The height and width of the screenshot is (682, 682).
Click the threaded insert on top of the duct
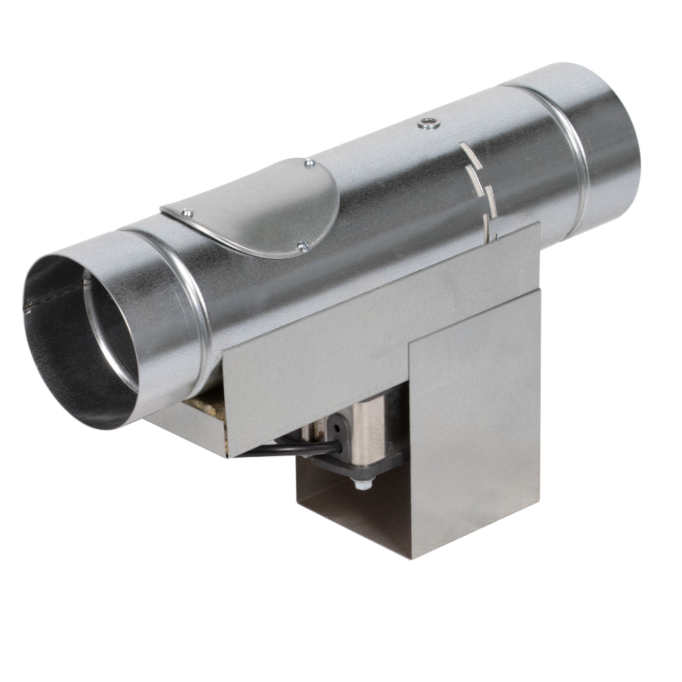click(427, 123)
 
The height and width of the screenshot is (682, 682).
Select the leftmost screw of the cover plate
click(187, 213)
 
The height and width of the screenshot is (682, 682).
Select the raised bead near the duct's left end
click(188, 300)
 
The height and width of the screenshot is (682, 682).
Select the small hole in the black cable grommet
click(336, 428)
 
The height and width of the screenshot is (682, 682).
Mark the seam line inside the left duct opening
click(55, 300)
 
